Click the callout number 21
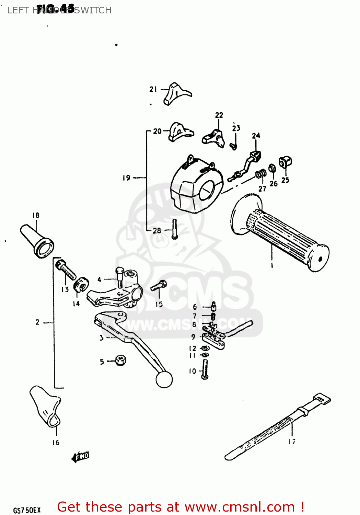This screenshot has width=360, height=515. point(153,89)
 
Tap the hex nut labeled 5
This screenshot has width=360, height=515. point(120,360)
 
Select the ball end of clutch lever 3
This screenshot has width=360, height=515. point(164,380)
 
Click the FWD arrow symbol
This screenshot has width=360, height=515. point(80,457)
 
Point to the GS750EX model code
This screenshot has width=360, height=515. point(27,510)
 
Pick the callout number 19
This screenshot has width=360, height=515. point(127,178)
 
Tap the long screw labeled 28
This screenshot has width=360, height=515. point(175,229)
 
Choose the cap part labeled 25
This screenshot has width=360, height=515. point(285,162)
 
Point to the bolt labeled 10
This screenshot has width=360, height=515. point(205,369)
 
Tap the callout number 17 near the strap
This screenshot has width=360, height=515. point(292,442)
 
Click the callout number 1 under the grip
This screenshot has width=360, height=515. point(272,265)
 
